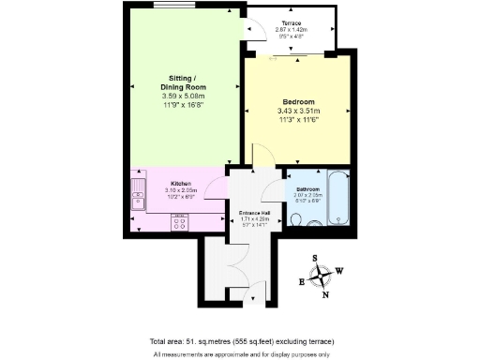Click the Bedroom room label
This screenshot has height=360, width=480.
[298, 101]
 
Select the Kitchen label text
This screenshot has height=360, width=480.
[182, 184]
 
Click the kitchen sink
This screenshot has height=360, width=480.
[140, 198]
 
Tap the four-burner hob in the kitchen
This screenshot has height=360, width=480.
[178, 222]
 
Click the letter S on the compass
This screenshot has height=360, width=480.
[316, 260]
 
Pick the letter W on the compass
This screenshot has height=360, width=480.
[338, 272]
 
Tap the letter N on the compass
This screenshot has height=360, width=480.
[325, 294]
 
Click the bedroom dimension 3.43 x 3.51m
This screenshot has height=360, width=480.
[298, 111]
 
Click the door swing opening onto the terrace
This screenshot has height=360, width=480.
[250, 31]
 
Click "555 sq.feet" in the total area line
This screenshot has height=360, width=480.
[254, 340]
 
